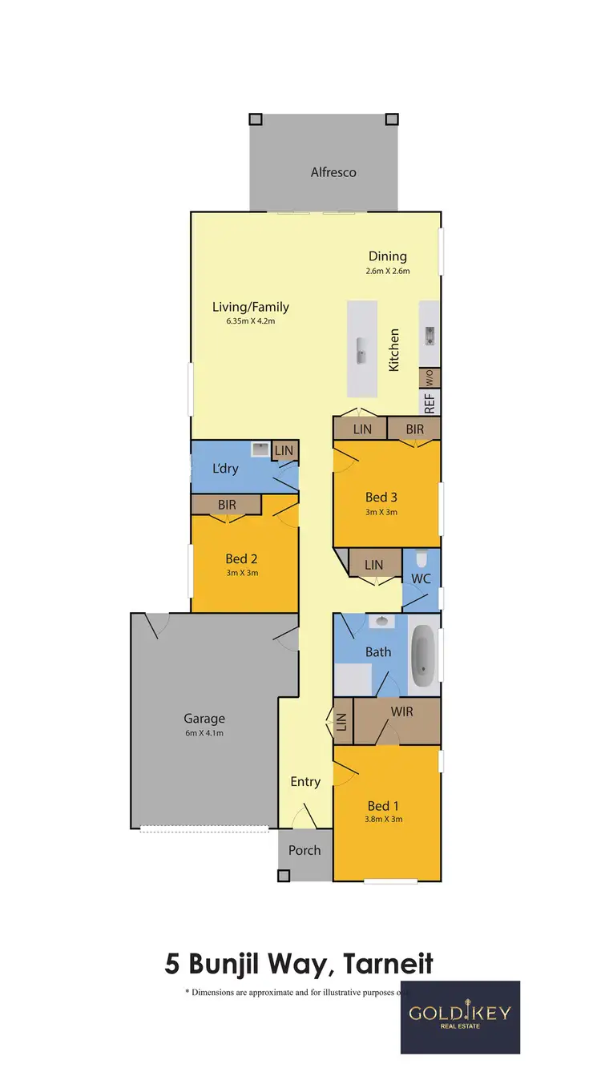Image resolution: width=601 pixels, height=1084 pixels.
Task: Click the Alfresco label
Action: [x=333, y=172]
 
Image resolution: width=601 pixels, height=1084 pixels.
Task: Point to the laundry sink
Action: [x=260, y=450]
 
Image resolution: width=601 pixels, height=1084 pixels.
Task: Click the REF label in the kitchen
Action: [x=430, y=402]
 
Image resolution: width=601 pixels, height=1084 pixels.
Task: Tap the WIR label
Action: [x=401, y=711]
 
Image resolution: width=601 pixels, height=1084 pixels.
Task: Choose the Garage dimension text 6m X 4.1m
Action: [x=204, y=733]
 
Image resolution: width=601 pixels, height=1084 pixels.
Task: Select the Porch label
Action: [x=305, y=850]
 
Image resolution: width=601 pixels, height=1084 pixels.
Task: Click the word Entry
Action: [x=305, y=782]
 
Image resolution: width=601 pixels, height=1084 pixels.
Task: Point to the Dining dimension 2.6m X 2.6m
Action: [x=388, y=271]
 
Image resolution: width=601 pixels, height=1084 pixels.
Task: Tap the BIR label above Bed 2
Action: [x=227, y=505]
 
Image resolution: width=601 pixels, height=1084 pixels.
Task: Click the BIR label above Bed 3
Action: [x=414, y=429]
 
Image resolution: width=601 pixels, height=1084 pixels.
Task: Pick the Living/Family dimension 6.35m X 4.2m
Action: [x=251, y=320]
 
